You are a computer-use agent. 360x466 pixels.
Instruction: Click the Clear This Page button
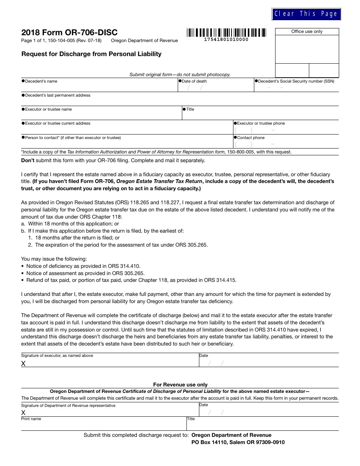click(x=306, y=14)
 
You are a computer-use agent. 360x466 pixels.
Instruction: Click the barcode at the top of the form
click(x=226, y=33)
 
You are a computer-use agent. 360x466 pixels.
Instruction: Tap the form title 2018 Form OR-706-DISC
click(x=69, y=32)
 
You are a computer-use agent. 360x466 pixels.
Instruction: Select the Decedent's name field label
click(x=41, y=81)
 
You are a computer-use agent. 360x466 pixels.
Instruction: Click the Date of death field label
click(x=194, y=81)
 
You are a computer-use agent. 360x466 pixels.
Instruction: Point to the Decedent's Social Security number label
click(x=296, y=81)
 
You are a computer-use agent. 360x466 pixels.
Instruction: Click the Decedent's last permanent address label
click(x=58, y=95)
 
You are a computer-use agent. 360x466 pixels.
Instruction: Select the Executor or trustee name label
click(x=48, y=109)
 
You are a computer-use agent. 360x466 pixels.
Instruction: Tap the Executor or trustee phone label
click(x=261, y=124)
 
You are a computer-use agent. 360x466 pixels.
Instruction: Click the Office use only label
click(x=307, y=32)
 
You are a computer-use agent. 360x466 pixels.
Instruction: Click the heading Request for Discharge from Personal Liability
click(x=91, y=54)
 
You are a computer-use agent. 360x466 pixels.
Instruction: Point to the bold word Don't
click(x=28, y=160)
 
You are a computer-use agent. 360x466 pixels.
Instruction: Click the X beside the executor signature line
click(x=23, y=363)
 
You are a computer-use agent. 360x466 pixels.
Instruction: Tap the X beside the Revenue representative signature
click(x=23, y=413)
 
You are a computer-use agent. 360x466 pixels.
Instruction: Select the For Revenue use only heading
click(x=180, y=385)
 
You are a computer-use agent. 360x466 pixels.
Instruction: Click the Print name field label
click(x=31, y=419)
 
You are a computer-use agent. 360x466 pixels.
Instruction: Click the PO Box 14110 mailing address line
click(x=238, y=442)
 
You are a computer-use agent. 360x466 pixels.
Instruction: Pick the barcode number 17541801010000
click(x=226, y=39)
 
